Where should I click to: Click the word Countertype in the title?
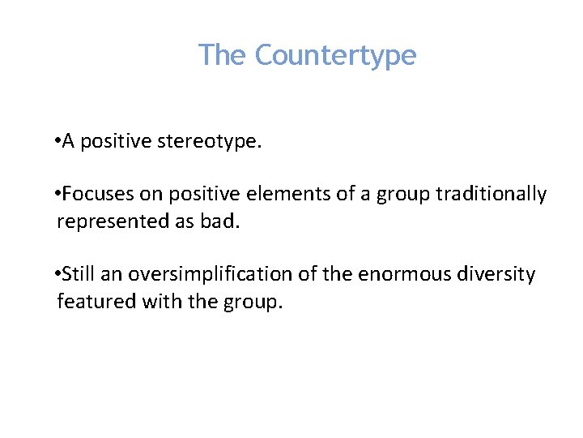(335, 56)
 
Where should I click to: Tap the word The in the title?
(223, 55)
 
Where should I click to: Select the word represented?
(113, 222)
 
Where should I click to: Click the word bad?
(222, 222)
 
